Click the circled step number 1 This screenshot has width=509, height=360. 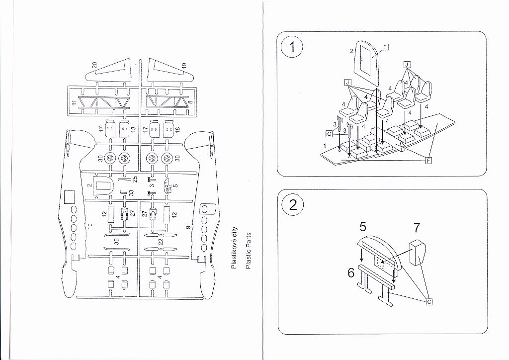tap(292, 48)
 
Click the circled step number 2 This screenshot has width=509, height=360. tap(292, 205)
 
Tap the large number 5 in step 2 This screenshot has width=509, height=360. tap(363, 227)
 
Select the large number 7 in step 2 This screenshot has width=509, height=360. tap(417, 228)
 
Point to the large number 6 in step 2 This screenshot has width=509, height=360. tap(350, 273)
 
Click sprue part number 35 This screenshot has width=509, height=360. tap(116, 243)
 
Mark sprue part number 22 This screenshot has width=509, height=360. tap(161, 242)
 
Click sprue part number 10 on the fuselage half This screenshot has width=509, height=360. tap(90, 225)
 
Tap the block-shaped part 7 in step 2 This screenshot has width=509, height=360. tap(417, 252)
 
